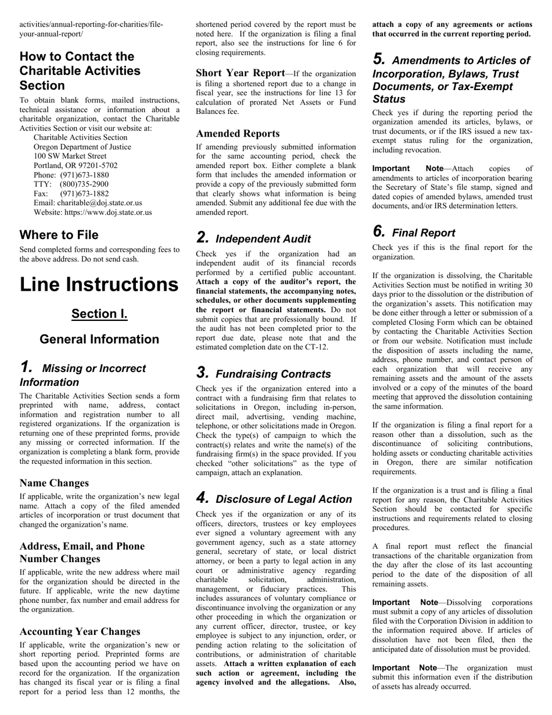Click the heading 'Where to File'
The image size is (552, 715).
click(x=59, y=235)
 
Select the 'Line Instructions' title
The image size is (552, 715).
click(x=99, y=284)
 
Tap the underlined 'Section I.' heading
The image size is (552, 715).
click(x=99, y=314)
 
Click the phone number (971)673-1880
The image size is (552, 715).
click(x=84, y=175)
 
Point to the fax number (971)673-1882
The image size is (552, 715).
click(x=84, y=194)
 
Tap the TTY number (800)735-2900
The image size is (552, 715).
click(x=84, y=184)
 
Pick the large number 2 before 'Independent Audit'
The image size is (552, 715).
click(x=202, y=238)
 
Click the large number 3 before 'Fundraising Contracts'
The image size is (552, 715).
click(x=202, y=373)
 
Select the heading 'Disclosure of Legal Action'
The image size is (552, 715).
click(x=284, y=499)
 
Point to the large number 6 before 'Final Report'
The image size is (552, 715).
click(x=379, y=232)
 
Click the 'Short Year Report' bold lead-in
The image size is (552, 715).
click(x=240, y=73)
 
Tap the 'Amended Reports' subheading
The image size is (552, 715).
click(x=238, y=134)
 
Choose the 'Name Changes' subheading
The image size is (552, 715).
click(x=54, y=483)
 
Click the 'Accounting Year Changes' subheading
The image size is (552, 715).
click(x=80, y=632)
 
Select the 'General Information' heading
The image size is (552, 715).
click(x=99, y=339)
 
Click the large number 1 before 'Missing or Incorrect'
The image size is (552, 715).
click(x=26, y=367)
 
